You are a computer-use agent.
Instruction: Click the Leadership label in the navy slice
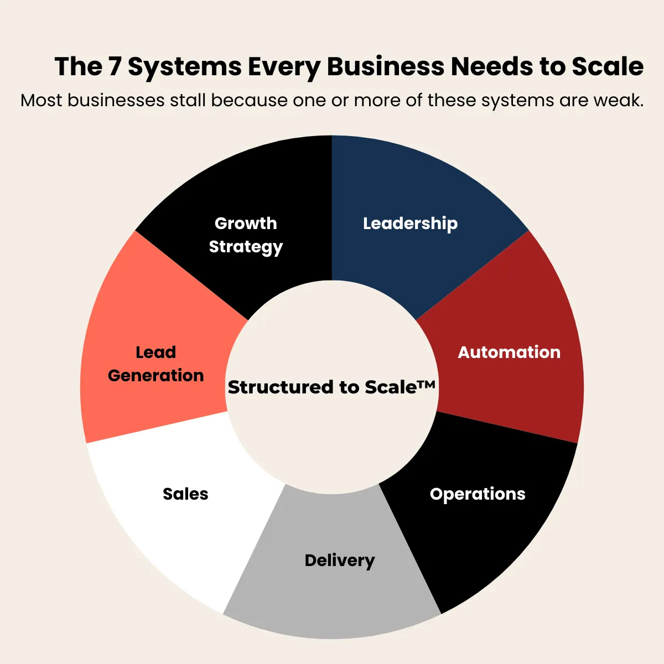[410, 224]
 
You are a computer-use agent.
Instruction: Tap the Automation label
[509, 352]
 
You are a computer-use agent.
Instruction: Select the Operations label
[478, 494]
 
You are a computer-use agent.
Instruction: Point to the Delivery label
[339, 561]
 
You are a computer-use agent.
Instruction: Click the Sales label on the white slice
[185, 494]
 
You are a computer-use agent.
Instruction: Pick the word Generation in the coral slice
[155, 376]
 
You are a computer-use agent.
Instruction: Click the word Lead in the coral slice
[155, 352]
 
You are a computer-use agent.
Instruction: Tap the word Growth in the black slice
[246, 224]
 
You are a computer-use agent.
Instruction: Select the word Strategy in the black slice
[246, 247]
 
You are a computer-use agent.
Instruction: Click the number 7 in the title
[115, 67]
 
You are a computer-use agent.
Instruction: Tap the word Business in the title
[385, 67]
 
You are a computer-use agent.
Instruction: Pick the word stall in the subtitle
[188, 101]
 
